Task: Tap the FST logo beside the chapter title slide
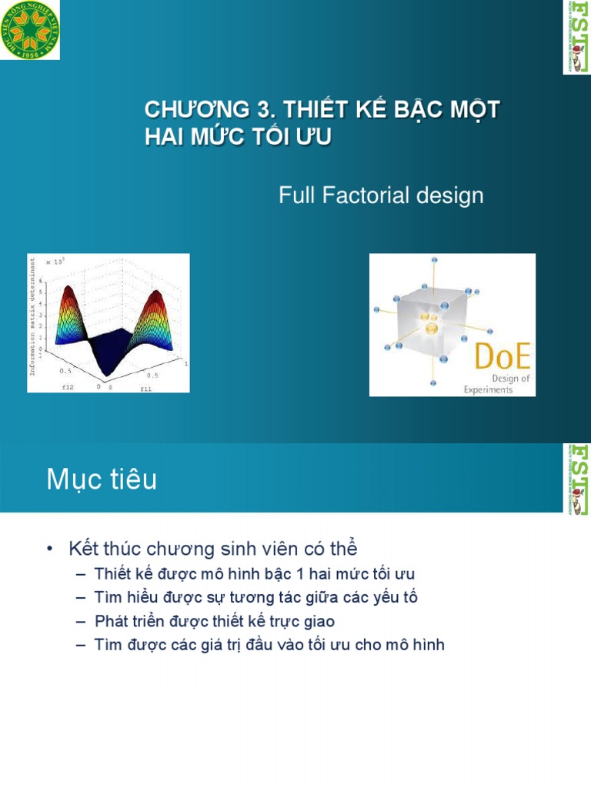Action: tap(576, 37)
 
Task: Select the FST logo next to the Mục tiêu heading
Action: tap(576, 479)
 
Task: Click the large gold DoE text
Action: tap(502, 359)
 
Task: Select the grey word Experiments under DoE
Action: tap(488, 389)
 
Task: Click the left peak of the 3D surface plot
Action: tap(68, 291)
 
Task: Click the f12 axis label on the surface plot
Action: tap(68, 387)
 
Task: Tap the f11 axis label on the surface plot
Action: tap(145, 389)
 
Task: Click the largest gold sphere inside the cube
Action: tap(432, 329)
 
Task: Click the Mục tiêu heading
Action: tap(102, 480)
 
